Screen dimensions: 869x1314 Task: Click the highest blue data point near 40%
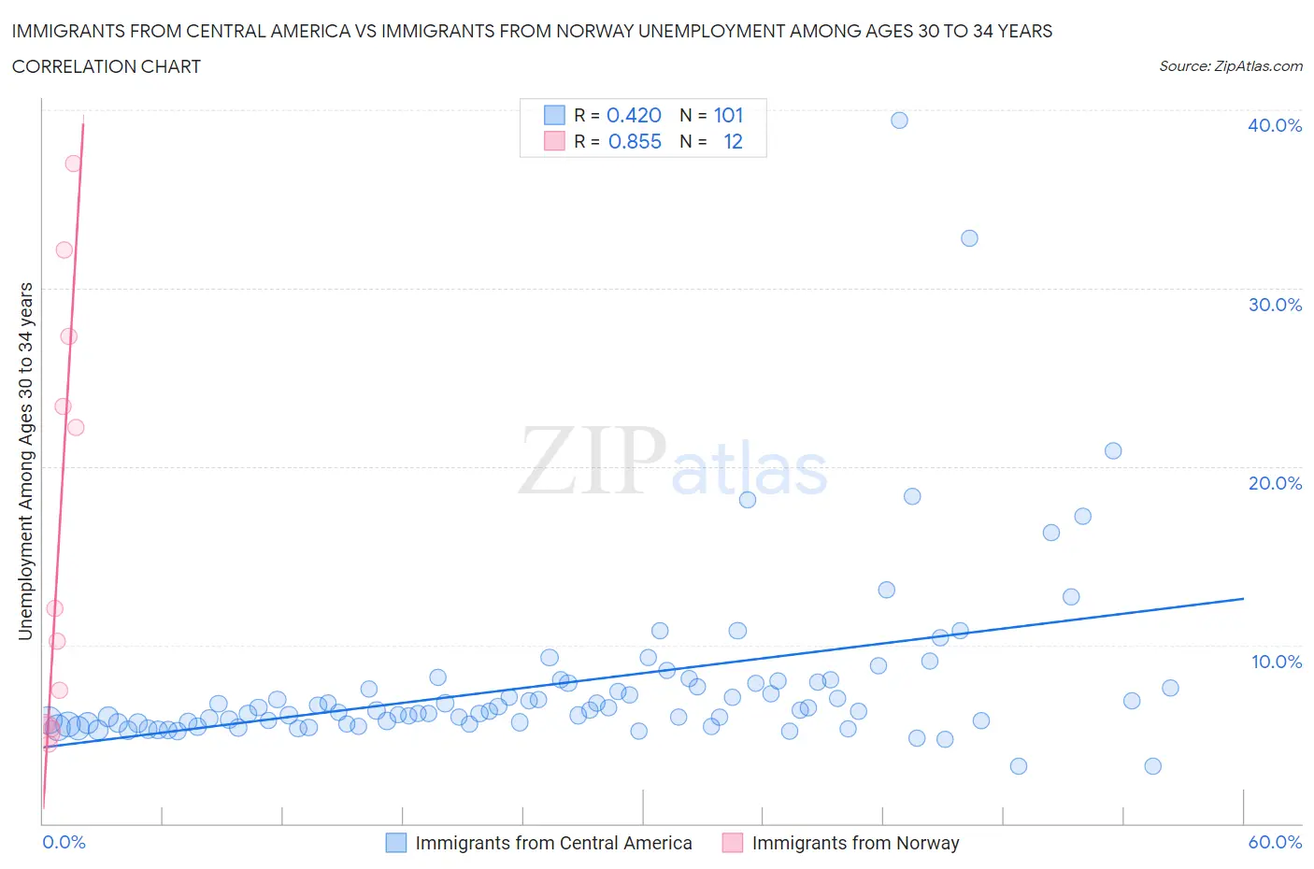[x=899, y=120]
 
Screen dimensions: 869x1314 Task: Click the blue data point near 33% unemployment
[x=969, y=238]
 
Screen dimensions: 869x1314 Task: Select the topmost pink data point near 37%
[x=73, y=163]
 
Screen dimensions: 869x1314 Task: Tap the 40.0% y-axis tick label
[x=1274, y=125]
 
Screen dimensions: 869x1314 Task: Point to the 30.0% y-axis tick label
[x=1274, y=305]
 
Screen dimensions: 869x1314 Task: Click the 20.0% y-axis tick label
[x=1274, y=483]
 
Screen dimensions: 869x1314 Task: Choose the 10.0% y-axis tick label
[x=1276, y=662]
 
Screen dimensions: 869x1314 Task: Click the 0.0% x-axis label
[x=64, y=842]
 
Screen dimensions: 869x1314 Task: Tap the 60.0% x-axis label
[x=1274, y=842]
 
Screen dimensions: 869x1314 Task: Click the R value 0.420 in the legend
[x=634, y=115]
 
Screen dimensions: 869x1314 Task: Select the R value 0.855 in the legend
[x=634, y=141]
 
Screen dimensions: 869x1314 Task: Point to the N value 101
[x=728, y=115]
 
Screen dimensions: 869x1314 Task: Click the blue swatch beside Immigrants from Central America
[x=396, y=843]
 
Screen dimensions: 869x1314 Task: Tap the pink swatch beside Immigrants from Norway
[x=733, y=843]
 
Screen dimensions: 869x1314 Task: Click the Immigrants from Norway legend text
[x=855, y=843]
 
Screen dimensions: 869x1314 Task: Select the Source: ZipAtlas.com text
[x=1230, y=65]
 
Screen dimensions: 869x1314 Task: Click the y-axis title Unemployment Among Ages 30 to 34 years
[x=25, y=461]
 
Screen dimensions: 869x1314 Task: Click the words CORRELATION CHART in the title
[x=107, y=66]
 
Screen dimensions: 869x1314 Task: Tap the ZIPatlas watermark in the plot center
[x=673, y=463]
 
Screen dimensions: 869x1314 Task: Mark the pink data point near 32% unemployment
[x=64, y=249]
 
